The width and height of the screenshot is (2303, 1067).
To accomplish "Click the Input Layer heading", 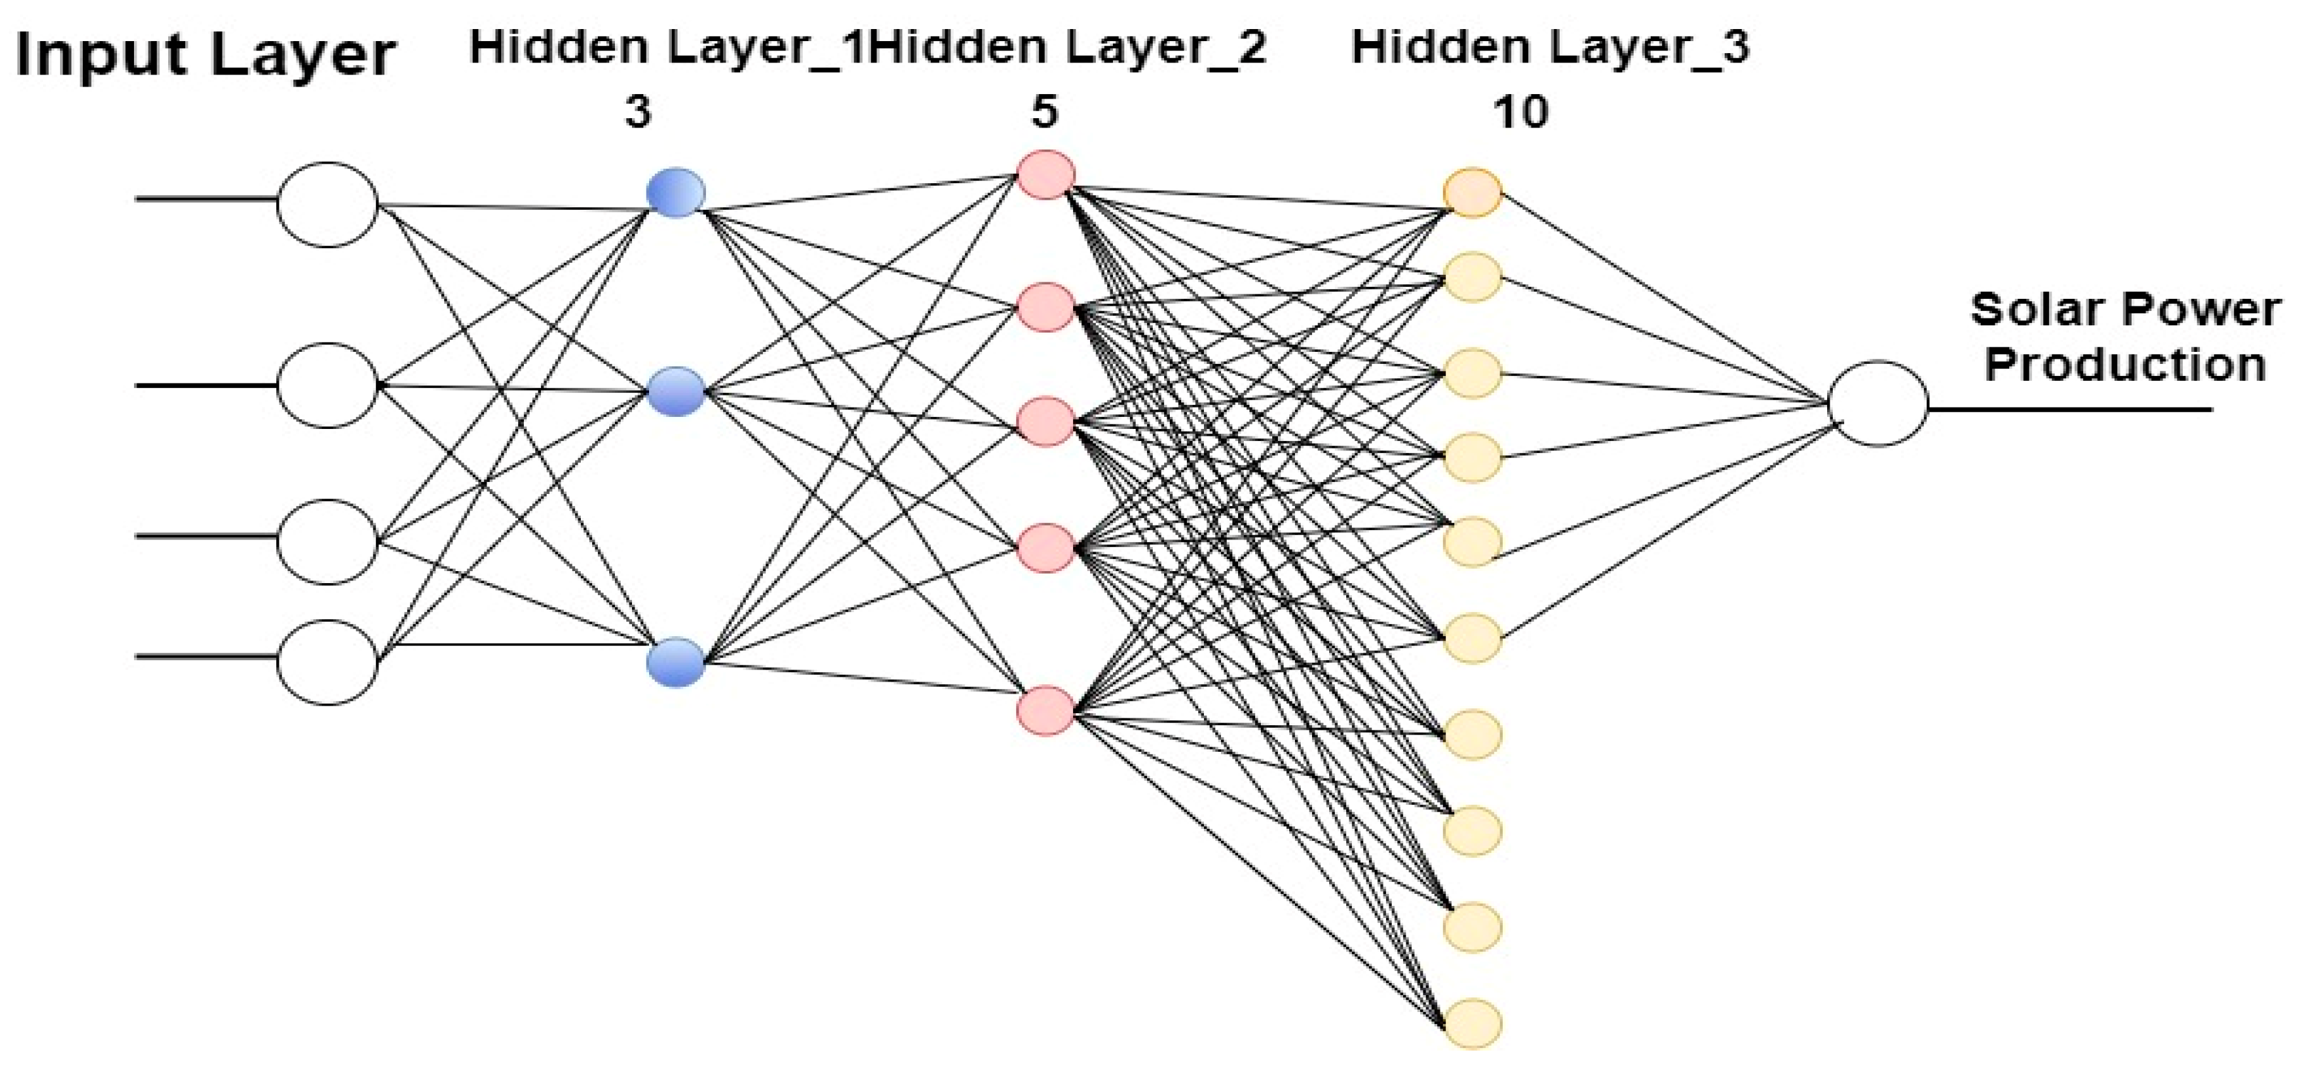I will pyautogui.click(x=205, y=56).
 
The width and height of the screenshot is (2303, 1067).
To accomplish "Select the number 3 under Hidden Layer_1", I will pyautogui.click(x=638, y=114).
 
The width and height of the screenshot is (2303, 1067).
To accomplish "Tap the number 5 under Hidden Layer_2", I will pyautogui.click(x=1044, y=112).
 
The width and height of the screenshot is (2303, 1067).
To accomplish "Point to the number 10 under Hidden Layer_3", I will pyautogui.click(x=1521, y=112).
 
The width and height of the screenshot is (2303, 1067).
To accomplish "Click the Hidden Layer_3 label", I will pyautogui.click(x=1549, y=47).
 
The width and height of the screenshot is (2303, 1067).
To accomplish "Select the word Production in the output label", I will pyautogui.click(x=2124, y=365).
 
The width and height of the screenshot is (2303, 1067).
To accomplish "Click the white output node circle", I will pyautogui.click(x=1878, y=403).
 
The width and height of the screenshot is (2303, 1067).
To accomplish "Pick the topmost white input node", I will pyautogui.click(x=327, y=205).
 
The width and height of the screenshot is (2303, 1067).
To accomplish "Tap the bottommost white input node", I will pyautogui.click(x=327, y=662).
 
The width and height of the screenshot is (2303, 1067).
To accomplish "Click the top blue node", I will pyautogui.click(x=676, y=192).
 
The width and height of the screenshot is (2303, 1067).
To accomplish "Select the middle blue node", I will pyautogui.click(x=676, y=392).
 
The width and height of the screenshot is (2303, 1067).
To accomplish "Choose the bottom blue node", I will pyautogui.click(x=676, y=662).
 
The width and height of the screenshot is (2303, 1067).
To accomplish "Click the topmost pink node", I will pyautogui.click(x=1045, y=174).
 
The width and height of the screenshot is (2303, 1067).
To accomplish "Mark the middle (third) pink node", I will pyautogui.click(x=1045, y=422).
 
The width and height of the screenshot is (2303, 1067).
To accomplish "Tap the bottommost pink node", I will pyautogui.click(x=1045, y=711).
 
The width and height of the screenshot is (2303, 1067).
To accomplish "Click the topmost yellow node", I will pyautogui.click(x=1471, y=192).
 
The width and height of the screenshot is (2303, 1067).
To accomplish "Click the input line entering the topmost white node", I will pyautogui.click(x=205, y=198).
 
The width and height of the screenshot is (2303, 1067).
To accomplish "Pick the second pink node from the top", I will pyautogui.click(x=1045, y=308).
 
